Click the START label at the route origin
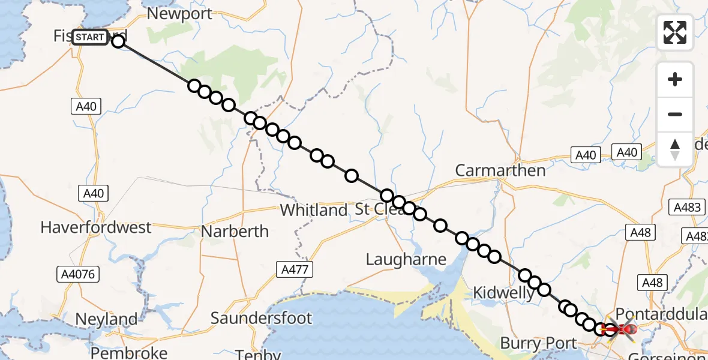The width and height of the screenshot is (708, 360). pyautogui.click(x=91, y=37)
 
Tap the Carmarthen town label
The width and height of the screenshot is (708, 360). pyautogui.click(x=500, y=170)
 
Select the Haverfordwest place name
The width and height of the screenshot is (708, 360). pyautogui.click(x=96, y=227)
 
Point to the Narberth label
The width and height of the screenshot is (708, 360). pyautogui.click(x=235, y=231)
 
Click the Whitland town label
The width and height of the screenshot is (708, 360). pyautogui.click(x=314, y=211)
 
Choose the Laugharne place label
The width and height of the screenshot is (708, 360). pyautogui.click(x=407, y=259)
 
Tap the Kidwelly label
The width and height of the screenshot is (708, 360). pyautogui.click(x=503, y=293)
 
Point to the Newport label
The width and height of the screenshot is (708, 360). pyautogui.click(x=179, y=14)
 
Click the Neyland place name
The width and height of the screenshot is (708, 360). pyautogui.click(x=106, y=319)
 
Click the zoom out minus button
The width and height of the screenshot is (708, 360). pyautogui.click(x=675, y=114)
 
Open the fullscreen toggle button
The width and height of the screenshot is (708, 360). pyautogui.click(x=675, y=32)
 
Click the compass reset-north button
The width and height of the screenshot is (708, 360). pyautogui.click(x=675, y=149)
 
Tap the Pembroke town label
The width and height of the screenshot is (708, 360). pyautogui.click(x=129, y=352)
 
